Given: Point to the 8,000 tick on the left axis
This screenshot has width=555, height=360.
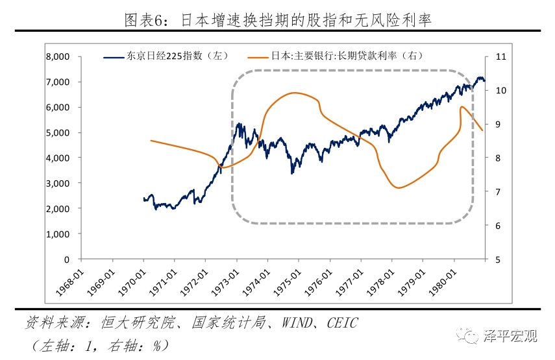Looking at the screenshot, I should coord(58,56).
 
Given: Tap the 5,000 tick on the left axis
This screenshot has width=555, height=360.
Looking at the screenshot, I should coord(58,132).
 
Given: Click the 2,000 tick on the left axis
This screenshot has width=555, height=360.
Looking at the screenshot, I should coord(58,208).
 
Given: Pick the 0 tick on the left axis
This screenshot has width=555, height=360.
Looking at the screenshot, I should coord(66,259).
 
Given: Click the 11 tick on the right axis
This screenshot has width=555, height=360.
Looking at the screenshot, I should coord(500,56).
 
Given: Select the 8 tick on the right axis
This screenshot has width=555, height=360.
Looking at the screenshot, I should coord(497,158).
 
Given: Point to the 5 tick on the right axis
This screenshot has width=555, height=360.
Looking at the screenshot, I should coord(497,259).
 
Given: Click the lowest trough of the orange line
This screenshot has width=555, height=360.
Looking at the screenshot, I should coord(398,188).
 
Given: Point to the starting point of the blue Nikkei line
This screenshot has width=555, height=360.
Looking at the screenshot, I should coord(143,199).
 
